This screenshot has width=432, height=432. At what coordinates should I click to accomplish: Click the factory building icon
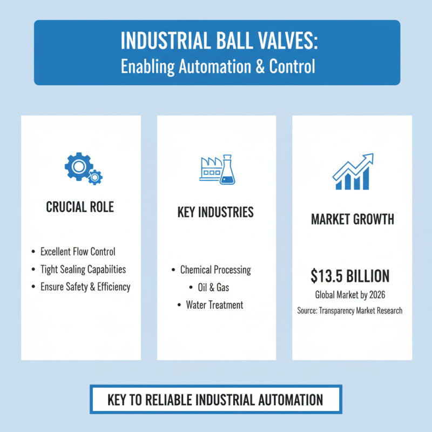211,168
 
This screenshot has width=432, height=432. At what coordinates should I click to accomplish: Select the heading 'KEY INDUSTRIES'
215,212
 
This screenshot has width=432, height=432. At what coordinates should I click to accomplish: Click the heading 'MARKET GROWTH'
352,220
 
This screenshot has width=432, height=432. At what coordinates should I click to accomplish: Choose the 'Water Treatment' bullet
214,305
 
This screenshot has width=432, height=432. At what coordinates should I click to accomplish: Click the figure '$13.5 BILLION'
350,276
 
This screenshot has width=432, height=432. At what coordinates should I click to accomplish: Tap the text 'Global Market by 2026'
349,295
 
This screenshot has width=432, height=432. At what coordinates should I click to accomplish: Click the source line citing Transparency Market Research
349,311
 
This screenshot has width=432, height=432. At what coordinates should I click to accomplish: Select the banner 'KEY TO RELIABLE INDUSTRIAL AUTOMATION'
215,400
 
